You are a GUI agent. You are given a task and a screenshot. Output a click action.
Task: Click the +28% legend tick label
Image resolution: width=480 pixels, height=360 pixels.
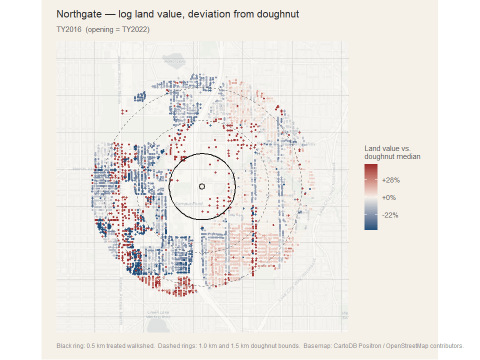[x=390, y=180]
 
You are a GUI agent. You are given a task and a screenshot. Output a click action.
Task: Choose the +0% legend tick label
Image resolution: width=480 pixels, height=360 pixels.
[x=389, y=197]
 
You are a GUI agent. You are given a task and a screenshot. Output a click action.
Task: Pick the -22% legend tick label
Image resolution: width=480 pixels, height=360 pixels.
[x=389, y=215]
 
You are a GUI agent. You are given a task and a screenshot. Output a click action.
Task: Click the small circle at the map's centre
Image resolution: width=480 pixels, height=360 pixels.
[x=202, y=186]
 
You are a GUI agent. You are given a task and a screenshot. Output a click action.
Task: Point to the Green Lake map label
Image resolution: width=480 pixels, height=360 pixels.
[x=158, y=313]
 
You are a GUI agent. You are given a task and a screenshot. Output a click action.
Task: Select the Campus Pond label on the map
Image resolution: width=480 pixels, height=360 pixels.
[x=189, y=204]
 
